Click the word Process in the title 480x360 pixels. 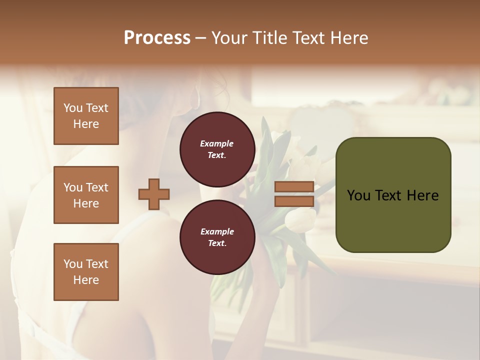click(x=157, y=37)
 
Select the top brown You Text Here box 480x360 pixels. click(x=86, y=116)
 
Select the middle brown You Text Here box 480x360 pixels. click(x=86, y=195)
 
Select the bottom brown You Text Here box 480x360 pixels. click(x=86, y=271)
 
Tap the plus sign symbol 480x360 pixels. click(x=154, y=194)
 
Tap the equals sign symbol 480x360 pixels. click(x=294, y=194)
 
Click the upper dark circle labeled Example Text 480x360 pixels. click(x=216, y=149)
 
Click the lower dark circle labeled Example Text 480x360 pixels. click(x=216, y=237)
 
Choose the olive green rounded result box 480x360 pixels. click(x=393, y=194)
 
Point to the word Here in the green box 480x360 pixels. click(x=422, y=195)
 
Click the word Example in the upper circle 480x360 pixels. click(x=216, y=143)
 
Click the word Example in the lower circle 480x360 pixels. click(x=216, y=231)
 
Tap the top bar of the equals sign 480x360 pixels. click(x=294, y=187)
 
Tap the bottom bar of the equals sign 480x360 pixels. click(x=294, y=201)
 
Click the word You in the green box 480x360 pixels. click(x=358, y=195)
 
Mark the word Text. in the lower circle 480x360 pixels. click(x=216, y=243)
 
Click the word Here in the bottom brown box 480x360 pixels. click(x=86, y=280)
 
